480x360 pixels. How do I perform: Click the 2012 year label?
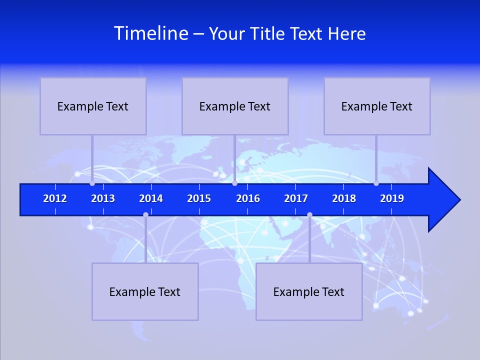tap(55, 198)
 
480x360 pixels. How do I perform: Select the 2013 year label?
tap(103, 198)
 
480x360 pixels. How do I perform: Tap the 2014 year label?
tap(151, 198)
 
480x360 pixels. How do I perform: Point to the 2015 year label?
tap(199, 198)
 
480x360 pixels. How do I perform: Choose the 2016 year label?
tap(248, 198)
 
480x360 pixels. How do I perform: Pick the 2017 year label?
tap(296, 198)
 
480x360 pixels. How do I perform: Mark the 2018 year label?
tap(344, 198)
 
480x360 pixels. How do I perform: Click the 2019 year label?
tap(392, 198)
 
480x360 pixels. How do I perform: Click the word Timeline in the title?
tap(151, 33)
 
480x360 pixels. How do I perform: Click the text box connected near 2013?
tap(93, 106)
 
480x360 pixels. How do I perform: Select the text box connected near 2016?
tap(235, 106)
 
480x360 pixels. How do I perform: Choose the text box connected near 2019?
tap(377, 106)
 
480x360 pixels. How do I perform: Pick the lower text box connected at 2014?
tap(145, 291)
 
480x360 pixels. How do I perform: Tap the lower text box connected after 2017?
tap(309, 291)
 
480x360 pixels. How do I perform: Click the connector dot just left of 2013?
tap(92, 183)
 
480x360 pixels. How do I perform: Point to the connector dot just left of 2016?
tap(234, 183)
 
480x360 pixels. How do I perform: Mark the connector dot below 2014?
tap(145, 214)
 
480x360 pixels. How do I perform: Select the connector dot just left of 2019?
tap(376, 183)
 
